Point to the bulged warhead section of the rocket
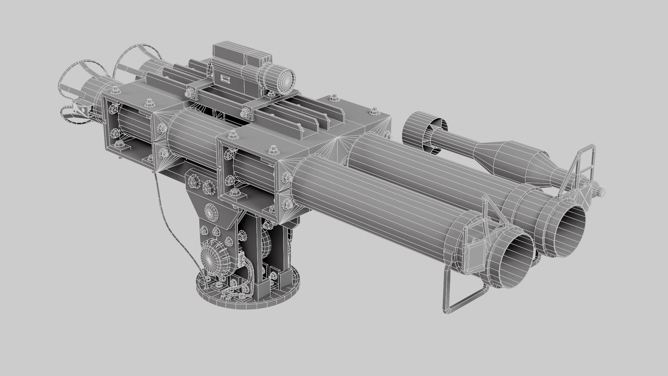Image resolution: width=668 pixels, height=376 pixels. (x=511, y=158)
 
